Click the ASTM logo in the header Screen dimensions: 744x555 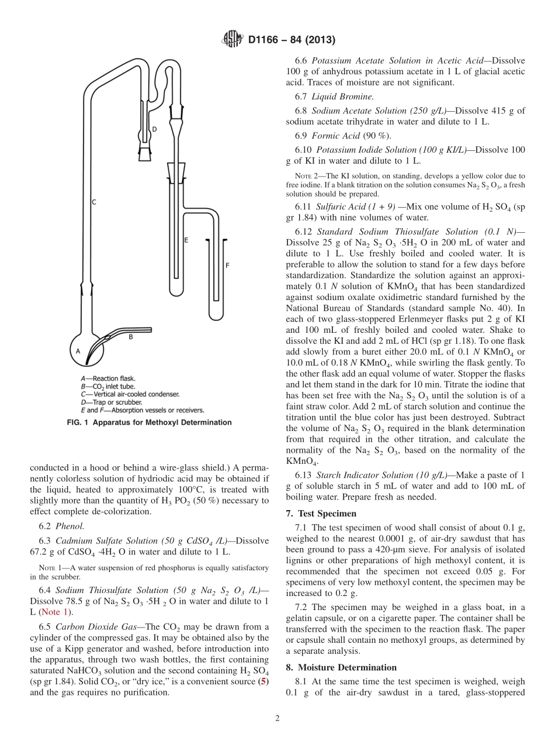[233, 40]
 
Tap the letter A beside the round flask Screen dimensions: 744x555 [77, 351]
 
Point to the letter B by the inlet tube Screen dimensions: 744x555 [131, 337]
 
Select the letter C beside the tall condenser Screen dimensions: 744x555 [93, 202]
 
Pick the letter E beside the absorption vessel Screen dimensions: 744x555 [186, 240]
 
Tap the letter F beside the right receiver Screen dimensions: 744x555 [227, 265]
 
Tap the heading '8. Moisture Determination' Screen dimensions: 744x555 [341, 667]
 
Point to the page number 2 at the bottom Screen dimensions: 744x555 [277, 718]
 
